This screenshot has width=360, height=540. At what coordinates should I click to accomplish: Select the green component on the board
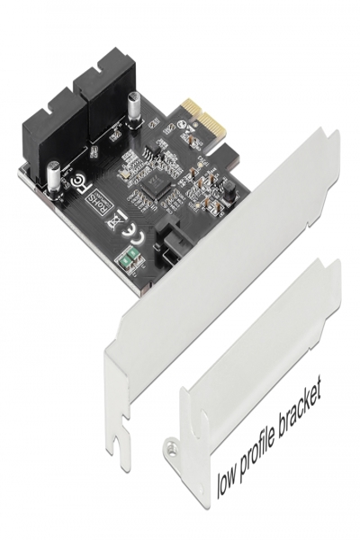coord(128,262)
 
